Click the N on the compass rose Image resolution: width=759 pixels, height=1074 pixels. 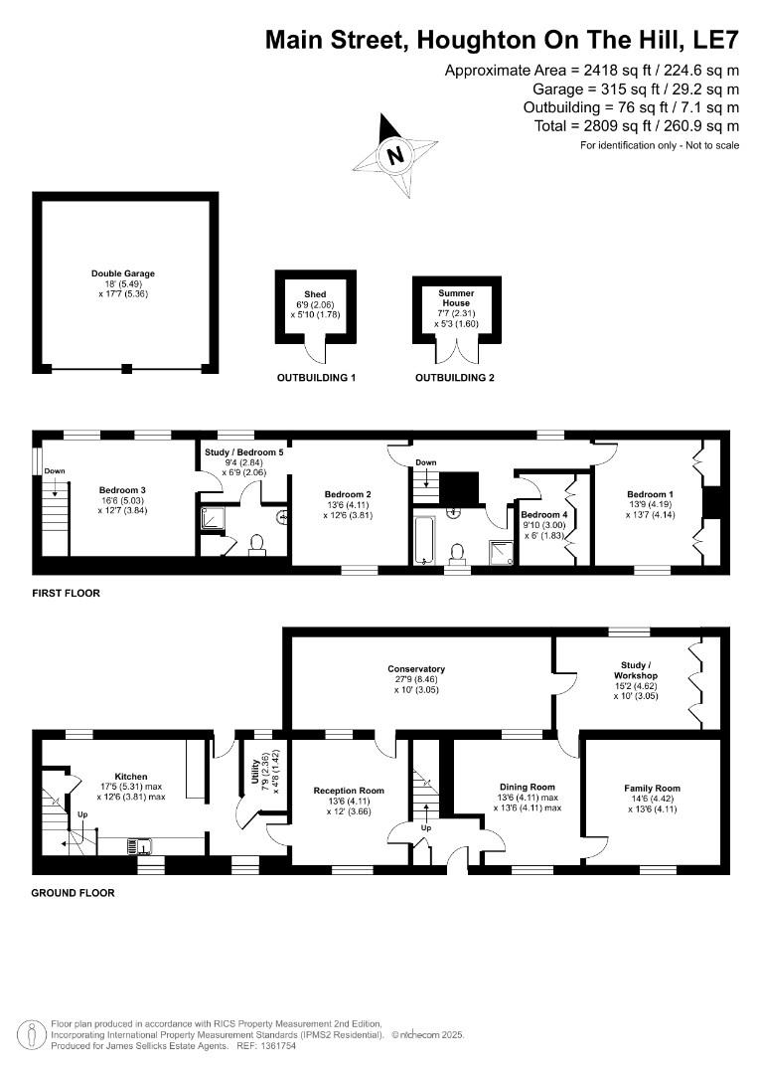click(396, 155)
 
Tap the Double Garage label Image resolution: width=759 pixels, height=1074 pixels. click(123, 273)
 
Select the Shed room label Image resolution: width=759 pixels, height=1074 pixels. click(315, 294)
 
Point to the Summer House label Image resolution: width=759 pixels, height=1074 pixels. click(455, 298)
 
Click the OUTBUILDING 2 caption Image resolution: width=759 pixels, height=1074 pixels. click(454, 378)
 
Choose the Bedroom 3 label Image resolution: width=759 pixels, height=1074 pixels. click(123, 489)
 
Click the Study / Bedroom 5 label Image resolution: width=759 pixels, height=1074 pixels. click(244, 452)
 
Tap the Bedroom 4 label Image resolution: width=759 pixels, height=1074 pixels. click(544, 515)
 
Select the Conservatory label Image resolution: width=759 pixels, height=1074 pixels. click(416, 669)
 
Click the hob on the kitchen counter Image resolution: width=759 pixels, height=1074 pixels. click(139, 846)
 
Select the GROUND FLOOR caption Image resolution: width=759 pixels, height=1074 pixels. click(73, 893)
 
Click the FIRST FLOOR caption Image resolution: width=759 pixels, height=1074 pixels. click(66, 593)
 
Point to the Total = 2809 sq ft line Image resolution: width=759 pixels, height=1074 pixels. click(632, 126)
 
